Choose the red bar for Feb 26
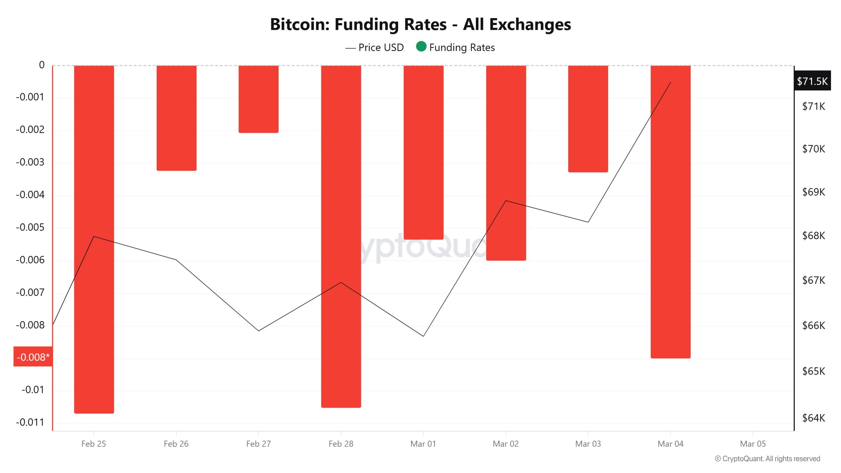(176, 118)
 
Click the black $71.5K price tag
(812, 81)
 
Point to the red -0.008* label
(33, 357)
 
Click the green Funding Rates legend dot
(421, 47)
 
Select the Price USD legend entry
(375, 48)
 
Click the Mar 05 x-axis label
(753, 444)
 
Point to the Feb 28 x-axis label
(341, 444)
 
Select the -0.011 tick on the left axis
(30, 422)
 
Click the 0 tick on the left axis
(42, 65)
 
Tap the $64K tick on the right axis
(813, 418)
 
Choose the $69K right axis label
(813, 192)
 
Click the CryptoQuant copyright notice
(767, 459)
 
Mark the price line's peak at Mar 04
(671, 82)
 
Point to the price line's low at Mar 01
(423, 336)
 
